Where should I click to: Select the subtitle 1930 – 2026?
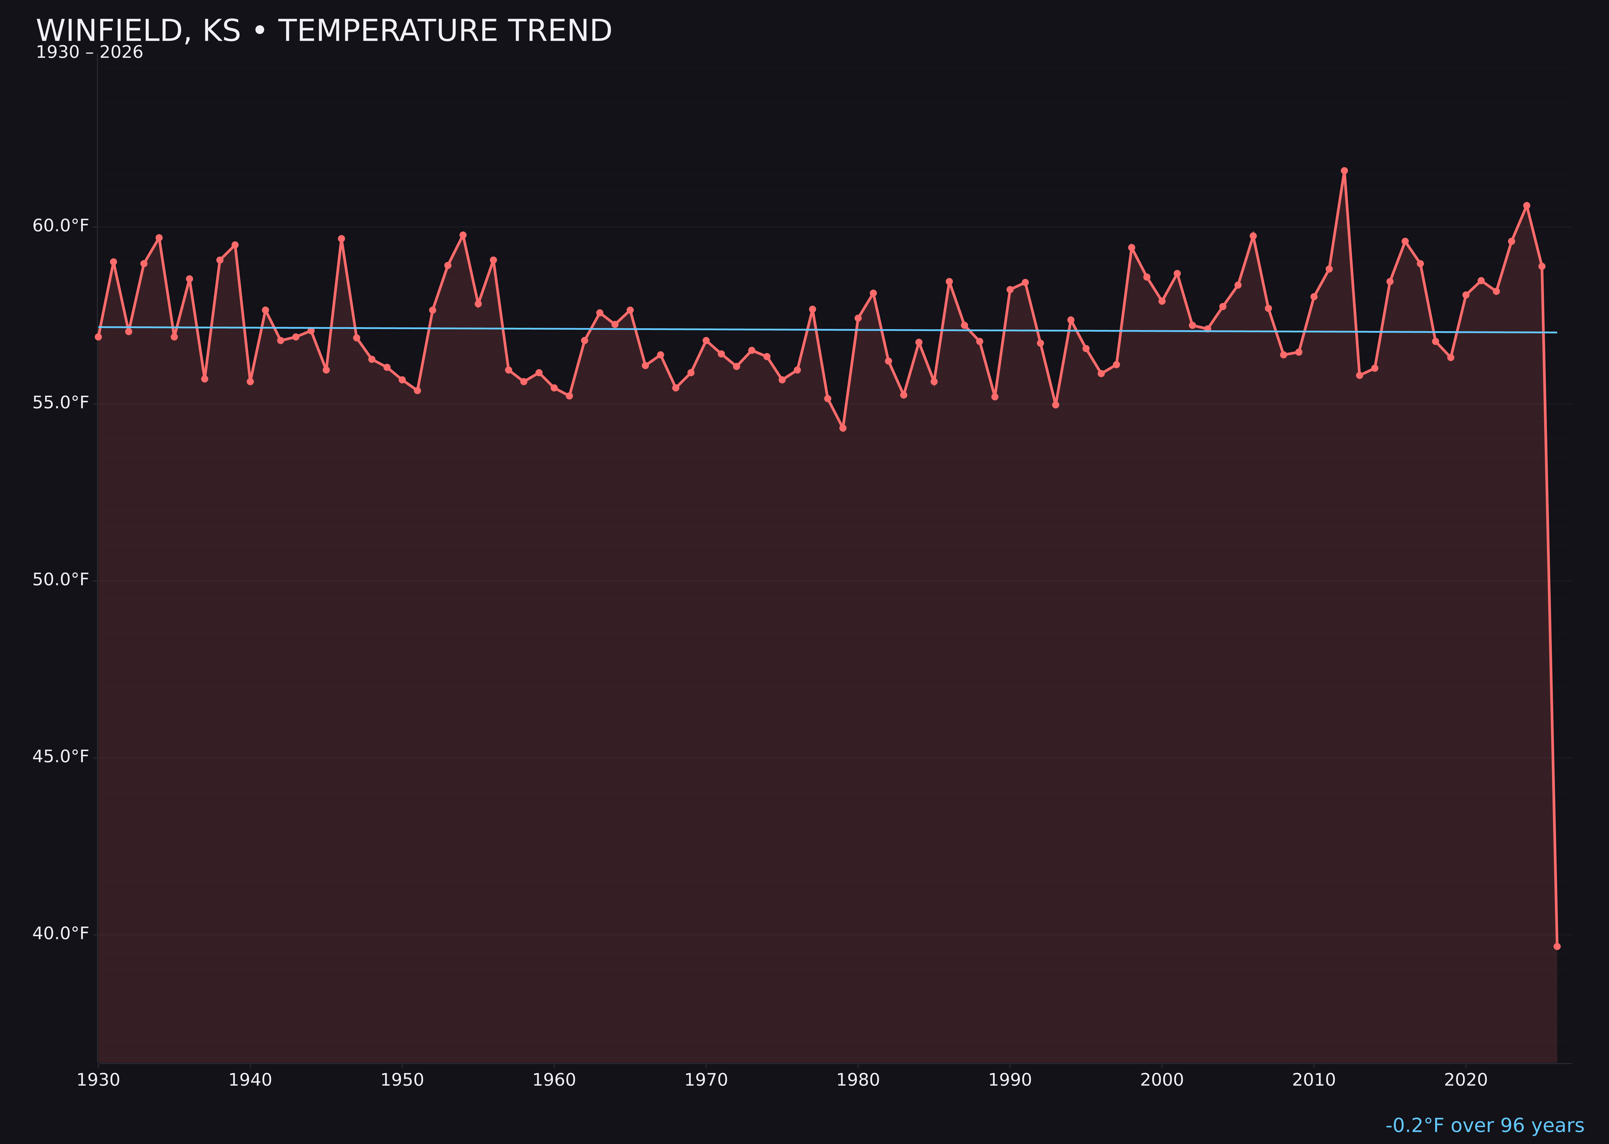coord(89,53)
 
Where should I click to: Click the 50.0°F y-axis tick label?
coord(61,580)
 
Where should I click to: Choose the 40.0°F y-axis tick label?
coord(61,933)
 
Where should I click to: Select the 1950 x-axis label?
coord(402,1080)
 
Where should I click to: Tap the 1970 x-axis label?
coord(706,1080)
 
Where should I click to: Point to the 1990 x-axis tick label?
coord(1010,1080)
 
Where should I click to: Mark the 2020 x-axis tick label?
coord(1465,1080)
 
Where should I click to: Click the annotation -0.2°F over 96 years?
coord(1484,1125)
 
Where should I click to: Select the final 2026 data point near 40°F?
coord(1557,946)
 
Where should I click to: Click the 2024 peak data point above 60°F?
coord(1527,206)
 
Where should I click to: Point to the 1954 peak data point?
coord(463,235)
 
